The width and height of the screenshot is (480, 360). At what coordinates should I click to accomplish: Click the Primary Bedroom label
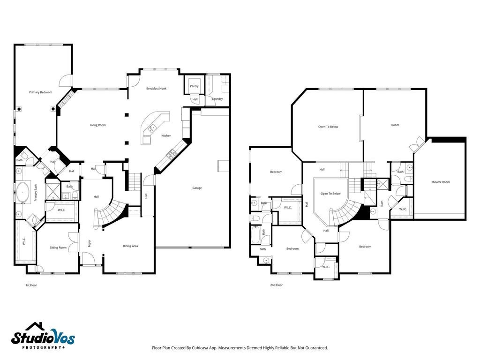pos(41,92)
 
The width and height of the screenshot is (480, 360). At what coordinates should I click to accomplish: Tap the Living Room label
pos(97,125)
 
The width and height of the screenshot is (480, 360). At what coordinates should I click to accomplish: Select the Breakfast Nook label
pos(157,89)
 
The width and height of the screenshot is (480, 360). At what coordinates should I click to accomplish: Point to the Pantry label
pos(195,86)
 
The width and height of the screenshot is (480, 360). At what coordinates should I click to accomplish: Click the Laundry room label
pos(217,99)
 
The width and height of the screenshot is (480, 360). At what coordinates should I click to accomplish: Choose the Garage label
pos(197,188)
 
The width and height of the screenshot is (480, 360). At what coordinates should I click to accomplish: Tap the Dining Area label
pos(130,246)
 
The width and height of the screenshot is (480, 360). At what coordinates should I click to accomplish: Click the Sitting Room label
pos(58,247)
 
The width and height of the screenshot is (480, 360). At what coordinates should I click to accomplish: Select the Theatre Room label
pos(441,182)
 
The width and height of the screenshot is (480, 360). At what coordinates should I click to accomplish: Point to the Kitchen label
pos(166,135)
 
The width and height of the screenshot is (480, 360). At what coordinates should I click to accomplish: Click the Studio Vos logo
pos(43,336)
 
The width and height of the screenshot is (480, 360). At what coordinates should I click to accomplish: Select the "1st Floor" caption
pos(31,285)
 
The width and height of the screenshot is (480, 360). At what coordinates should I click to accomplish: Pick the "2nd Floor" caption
pos(277,285)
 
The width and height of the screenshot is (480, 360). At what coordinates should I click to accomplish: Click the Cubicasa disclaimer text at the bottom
pos(240,348)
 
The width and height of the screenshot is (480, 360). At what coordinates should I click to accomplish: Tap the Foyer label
pos(90,243)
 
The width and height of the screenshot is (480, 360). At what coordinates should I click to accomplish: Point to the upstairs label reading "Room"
pos(395,125)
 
